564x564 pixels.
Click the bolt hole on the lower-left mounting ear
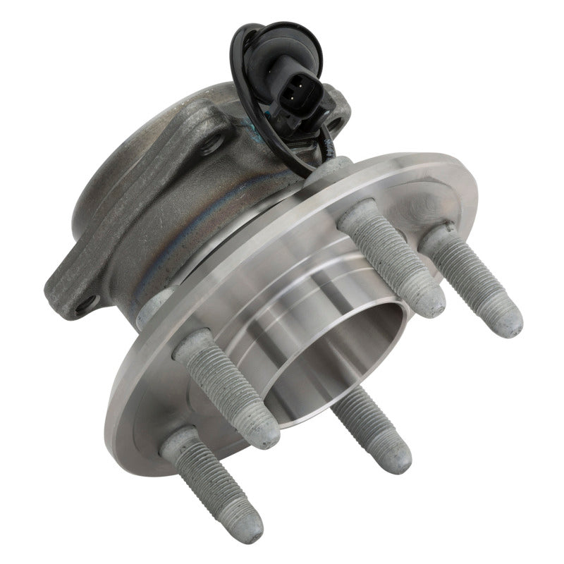click(87, 304)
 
